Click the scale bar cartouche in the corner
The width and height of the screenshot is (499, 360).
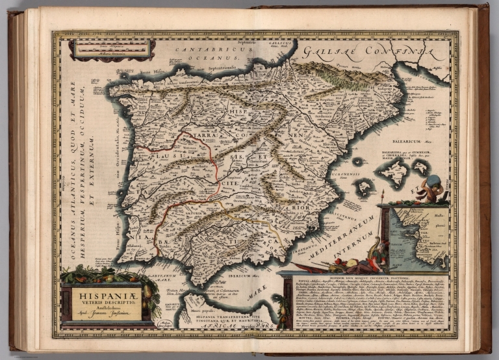pos(112,49)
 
